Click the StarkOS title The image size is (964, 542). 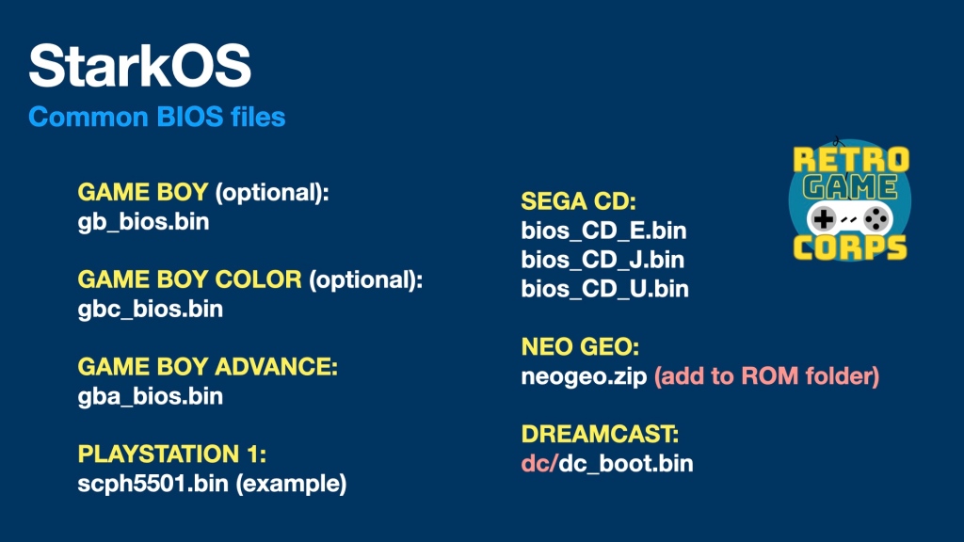click(x=139, y=66)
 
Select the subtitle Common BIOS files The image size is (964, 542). click(x=157, y=117)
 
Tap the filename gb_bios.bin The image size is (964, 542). click(x=143, y=222)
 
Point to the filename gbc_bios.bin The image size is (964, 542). click(x=150, y=309)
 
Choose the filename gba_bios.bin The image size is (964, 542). click(x=150, y=396)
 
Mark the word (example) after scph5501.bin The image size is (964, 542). click(x=292, y=484)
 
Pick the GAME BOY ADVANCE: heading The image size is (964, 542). click(x=208, y=367)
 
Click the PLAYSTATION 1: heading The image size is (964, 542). click(x=172, y=454)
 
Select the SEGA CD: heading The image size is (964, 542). click(x=579, y=201)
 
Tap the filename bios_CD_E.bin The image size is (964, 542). click(x=603, y=231)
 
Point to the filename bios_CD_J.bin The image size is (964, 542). click(x=602, y=260)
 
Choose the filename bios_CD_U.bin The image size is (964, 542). click(x=605, y=290)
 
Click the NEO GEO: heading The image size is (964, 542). click(x=580, y=346)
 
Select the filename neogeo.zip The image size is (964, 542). click(x=584, y=376)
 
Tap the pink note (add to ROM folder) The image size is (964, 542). click(x=766, y=376)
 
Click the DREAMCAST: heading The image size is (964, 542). click(x=600, y=434)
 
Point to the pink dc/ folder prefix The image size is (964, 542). click(x=539, y=463)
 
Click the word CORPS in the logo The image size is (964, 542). click(x=850, y=247)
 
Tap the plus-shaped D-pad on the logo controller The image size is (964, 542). click(x=823, y=218)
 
